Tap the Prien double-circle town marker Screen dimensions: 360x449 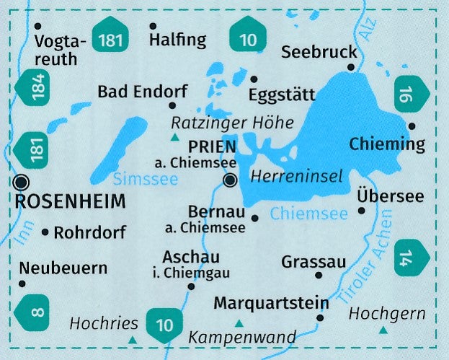[x=230, y=180]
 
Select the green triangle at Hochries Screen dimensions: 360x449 [x=132, y=338]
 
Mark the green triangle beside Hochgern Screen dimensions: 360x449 [x=383, y=331]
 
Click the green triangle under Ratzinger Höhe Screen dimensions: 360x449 [x=174, y=136]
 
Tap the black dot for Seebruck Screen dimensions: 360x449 [x=351, y=68]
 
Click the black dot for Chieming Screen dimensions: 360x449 [x=412, y=126]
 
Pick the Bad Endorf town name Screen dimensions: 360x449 [x=142, y=92]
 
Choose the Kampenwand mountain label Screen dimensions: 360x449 [x=241, y=337]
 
